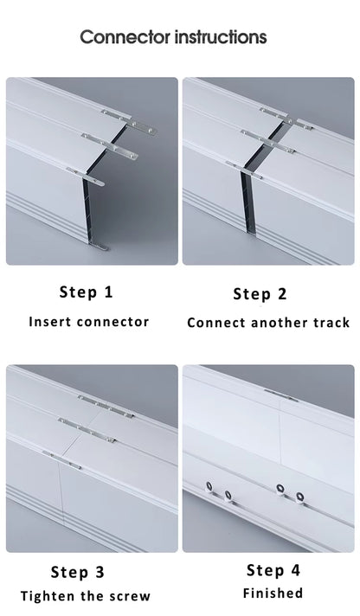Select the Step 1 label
(86, 292)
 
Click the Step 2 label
(260, 293)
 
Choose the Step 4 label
(273, 569)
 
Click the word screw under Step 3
(131, 596)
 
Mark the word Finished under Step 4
(273, 594)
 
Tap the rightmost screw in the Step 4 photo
(300, 496)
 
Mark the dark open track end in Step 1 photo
(87, 212)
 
